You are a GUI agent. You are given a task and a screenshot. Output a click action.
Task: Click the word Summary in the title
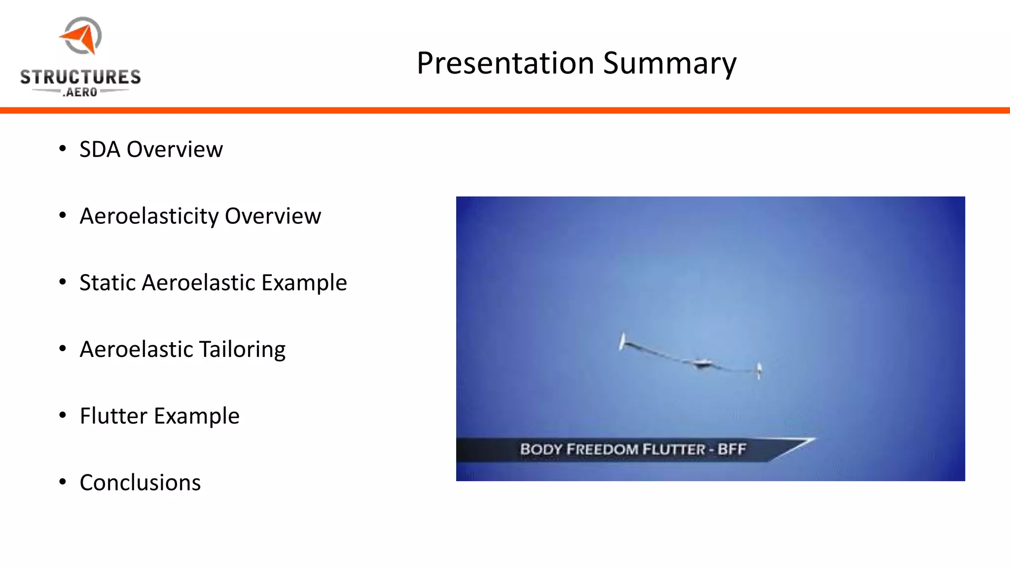click(x=670, y=64)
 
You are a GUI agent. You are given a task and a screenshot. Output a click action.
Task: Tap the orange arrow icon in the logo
click(x=80, y=38)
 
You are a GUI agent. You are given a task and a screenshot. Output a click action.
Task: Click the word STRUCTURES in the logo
click(x=80, y=77)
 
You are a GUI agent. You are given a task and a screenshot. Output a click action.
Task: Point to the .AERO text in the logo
click(x=80, y=92)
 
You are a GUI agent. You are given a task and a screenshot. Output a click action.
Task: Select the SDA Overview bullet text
click(x=151, y=149)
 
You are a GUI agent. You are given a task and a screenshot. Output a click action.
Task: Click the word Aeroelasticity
click(x=149, y=216)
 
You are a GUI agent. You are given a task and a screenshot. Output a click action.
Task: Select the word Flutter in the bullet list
click(x=113, y=416)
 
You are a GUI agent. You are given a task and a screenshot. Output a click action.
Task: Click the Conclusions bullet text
click(x=140, y=483)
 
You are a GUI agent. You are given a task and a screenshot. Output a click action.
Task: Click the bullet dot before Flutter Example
click(x=62, y=415)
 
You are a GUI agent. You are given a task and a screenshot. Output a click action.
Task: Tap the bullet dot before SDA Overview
click(x=62, y=149)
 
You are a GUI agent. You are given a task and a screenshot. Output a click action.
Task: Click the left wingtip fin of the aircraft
click(x=623, y=341)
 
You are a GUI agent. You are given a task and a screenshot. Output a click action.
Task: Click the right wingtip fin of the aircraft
click(x=759, y=370)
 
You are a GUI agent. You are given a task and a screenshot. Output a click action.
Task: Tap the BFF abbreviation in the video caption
click(x=732, y=449)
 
